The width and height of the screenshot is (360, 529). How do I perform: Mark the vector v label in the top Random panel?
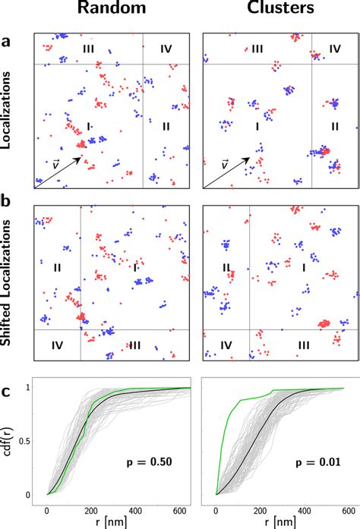(55, 163)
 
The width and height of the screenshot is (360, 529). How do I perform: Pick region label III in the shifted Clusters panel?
(303, 345)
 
